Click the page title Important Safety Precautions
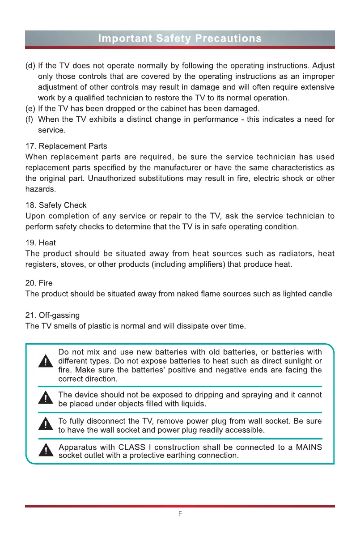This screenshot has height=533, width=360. (x=180, y=38)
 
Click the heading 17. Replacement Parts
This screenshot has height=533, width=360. (x=66, y=146)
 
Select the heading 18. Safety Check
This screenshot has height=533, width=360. (x=56, y=205)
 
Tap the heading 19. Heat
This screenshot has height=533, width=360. (x=41, y=243)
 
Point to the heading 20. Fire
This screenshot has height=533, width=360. (x=39, y=283)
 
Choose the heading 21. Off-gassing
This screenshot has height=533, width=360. (x=53, y=316)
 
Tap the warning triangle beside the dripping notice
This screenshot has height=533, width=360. (x=46, y=398)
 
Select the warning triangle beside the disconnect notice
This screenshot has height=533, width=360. (x=46, y=424)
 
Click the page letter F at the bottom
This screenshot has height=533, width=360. (x=180, y=514)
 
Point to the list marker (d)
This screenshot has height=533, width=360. (x=30, y=65)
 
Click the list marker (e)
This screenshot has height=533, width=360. (x=30, y=108)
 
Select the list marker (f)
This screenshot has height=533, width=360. (x=30, y=119)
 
